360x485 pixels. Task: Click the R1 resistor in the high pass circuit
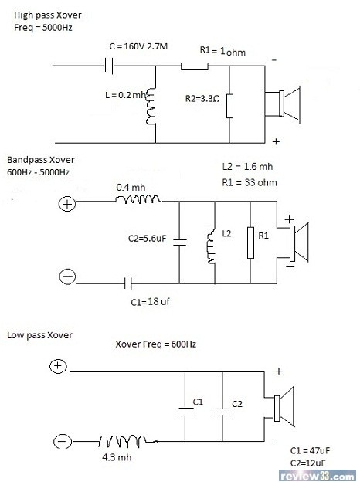coord(194,66)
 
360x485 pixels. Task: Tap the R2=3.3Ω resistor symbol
coord(229,106)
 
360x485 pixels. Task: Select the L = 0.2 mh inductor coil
coord(151,107)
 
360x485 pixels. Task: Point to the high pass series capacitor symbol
coord(109,66)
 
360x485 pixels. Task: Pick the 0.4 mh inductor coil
coord(138,199)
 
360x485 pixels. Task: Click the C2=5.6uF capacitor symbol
coord(179,242)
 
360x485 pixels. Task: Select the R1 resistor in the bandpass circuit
coord(250,242)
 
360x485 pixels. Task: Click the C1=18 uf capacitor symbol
coord(128,283)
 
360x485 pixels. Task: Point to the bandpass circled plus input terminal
coord(67,204)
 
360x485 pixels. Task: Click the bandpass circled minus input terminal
coord(67,276)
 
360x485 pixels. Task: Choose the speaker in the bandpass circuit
coord(297,242)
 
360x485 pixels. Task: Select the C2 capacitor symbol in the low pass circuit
coord(222,412)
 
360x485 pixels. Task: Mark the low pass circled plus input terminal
coord(58,366)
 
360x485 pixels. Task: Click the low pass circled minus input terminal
coord(63,441)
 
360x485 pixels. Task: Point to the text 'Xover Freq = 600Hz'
coord(155,344)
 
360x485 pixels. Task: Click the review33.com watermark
coord(318,476)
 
